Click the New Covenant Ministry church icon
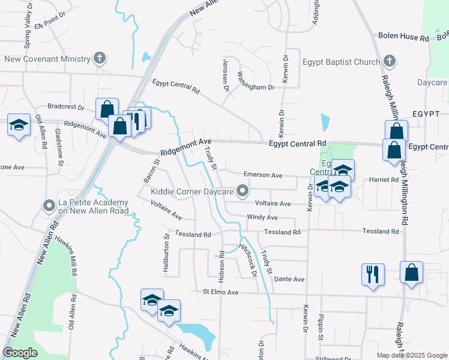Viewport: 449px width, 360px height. pos(100,59)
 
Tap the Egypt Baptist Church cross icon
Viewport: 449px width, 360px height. pos(389,61)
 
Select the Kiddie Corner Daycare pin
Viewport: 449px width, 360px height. pos(243,191)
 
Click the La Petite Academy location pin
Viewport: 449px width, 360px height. pos(49,206)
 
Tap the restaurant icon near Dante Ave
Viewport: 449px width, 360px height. pos(373,274)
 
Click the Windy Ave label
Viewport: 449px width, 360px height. pos(262,217)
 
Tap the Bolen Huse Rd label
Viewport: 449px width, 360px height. pos(403,37)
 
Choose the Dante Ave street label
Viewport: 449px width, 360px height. pos(289,280)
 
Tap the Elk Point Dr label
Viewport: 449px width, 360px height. pos(49,26)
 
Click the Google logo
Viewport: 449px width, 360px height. pos(20,353)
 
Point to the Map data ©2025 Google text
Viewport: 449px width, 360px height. pos(411,355)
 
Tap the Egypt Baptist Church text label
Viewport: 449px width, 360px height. pos(341,62)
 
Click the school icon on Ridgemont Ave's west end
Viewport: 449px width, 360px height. pos(19,125)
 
